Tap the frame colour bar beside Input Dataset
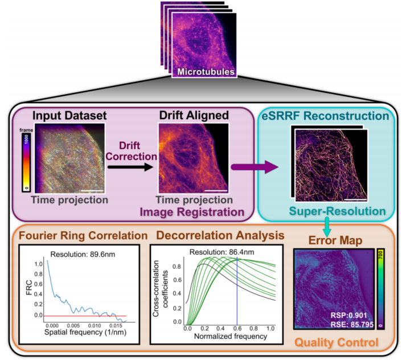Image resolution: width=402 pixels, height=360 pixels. (x=26, y=162)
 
